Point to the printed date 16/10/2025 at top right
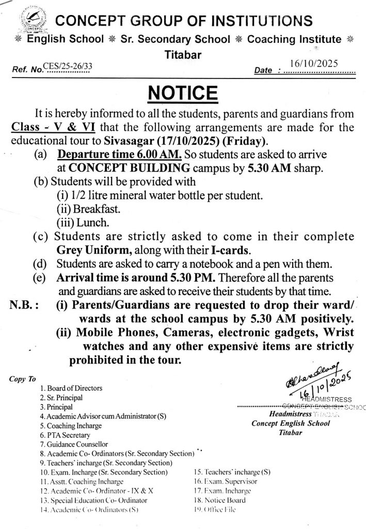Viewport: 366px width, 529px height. tap(313, 64)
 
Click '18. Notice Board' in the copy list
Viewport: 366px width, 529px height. tap(219, 500)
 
